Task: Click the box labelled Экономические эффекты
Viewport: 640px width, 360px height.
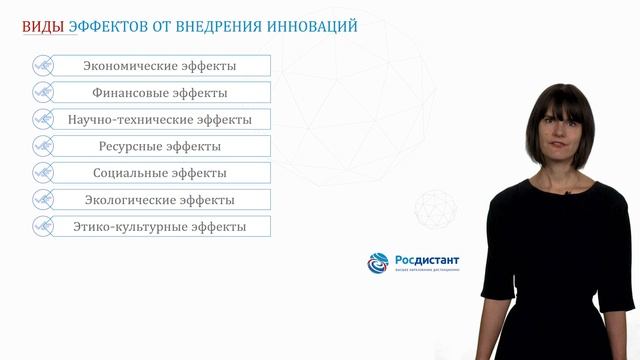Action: pos(159,66)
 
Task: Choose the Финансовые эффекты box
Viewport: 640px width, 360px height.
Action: pos(159,93)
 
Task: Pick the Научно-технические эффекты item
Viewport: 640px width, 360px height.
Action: pos(159,120)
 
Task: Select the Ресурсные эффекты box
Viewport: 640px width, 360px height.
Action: pos(159,146)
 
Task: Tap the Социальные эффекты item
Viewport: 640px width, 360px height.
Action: pos(159,173)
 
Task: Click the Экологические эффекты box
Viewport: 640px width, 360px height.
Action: pos(159,200)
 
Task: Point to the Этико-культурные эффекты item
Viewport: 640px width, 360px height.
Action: pos(159,227)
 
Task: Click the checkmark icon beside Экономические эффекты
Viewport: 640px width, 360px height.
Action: pos(43,66)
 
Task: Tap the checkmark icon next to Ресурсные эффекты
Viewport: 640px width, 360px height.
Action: pos(43,146)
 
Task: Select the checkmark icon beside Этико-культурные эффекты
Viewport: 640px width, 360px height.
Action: pos(43,227)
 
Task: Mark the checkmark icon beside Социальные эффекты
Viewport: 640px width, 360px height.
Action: pos(43,173)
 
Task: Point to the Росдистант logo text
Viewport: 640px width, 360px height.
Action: pos(428,261)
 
